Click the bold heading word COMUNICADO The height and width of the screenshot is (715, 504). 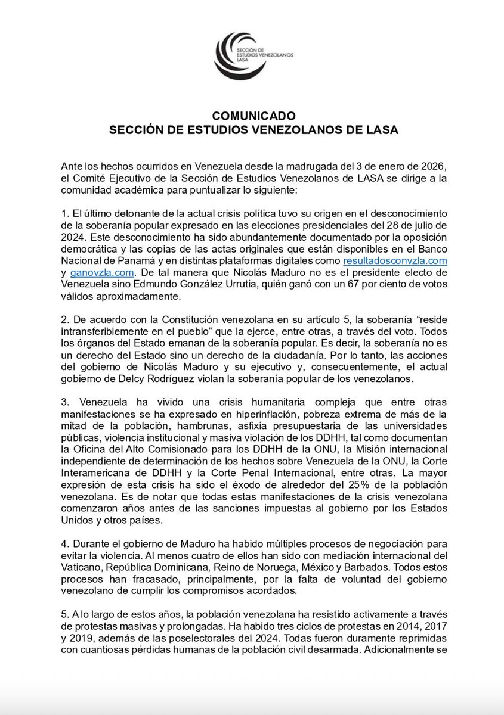252,116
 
